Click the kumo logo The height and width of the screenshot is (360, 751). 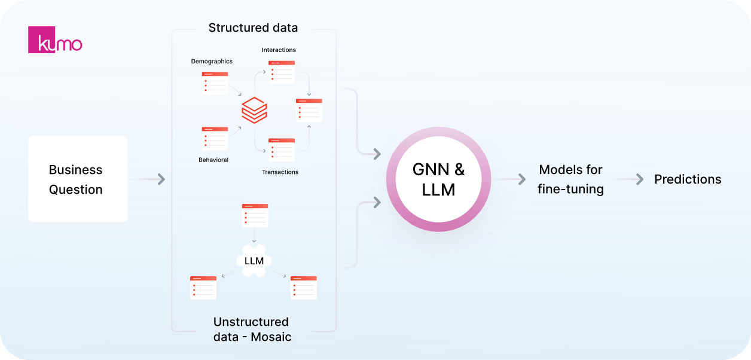(x=55, y=39)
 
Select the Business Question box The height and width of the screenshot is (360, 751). (x=78, y=179)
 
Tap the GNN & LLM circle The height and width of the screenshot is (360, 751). (x=438, y=179)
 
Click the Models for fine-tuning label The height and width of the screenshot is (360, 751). (x=570, y=179)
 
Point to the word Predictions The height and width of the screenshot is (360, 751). (x=688, y=179)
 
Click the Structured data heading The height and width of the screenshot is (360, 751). (x=253, y=28)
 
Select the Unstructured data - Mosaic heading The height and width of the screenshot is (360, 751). (x=252, y=330)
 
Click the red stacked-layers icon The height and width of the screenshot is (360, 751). (x=254, y=111)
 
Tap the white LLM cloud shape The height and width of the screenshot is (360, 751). (x=254, y=261)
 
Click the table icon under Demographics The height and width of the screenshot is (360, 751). (x=215, y=83)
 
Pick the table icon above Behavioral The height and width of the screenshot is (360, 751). (x=215, y=138)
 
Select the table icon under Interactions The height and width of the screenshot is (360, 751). (x=281, y=71)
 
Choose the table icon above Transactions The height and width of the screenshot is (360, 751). (x=281, y=150)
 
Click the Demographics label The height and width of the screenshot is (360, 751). (x=212, y=61)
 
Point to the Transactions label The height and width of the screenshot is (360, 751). (x=280, y=172)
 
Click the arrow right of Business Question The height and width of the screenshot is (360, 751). (x=160, y=179)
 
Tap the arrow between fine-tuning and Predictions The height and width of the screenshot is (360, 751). (x=639, y=179)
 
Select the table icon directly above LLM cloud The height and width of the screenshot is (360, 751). (x=254, y=215)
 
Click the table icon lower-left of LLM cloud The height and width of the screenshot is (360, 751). (x=203, y=288)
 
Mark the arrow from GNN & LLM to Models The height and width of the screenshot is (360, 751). (x=521, y=179)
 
